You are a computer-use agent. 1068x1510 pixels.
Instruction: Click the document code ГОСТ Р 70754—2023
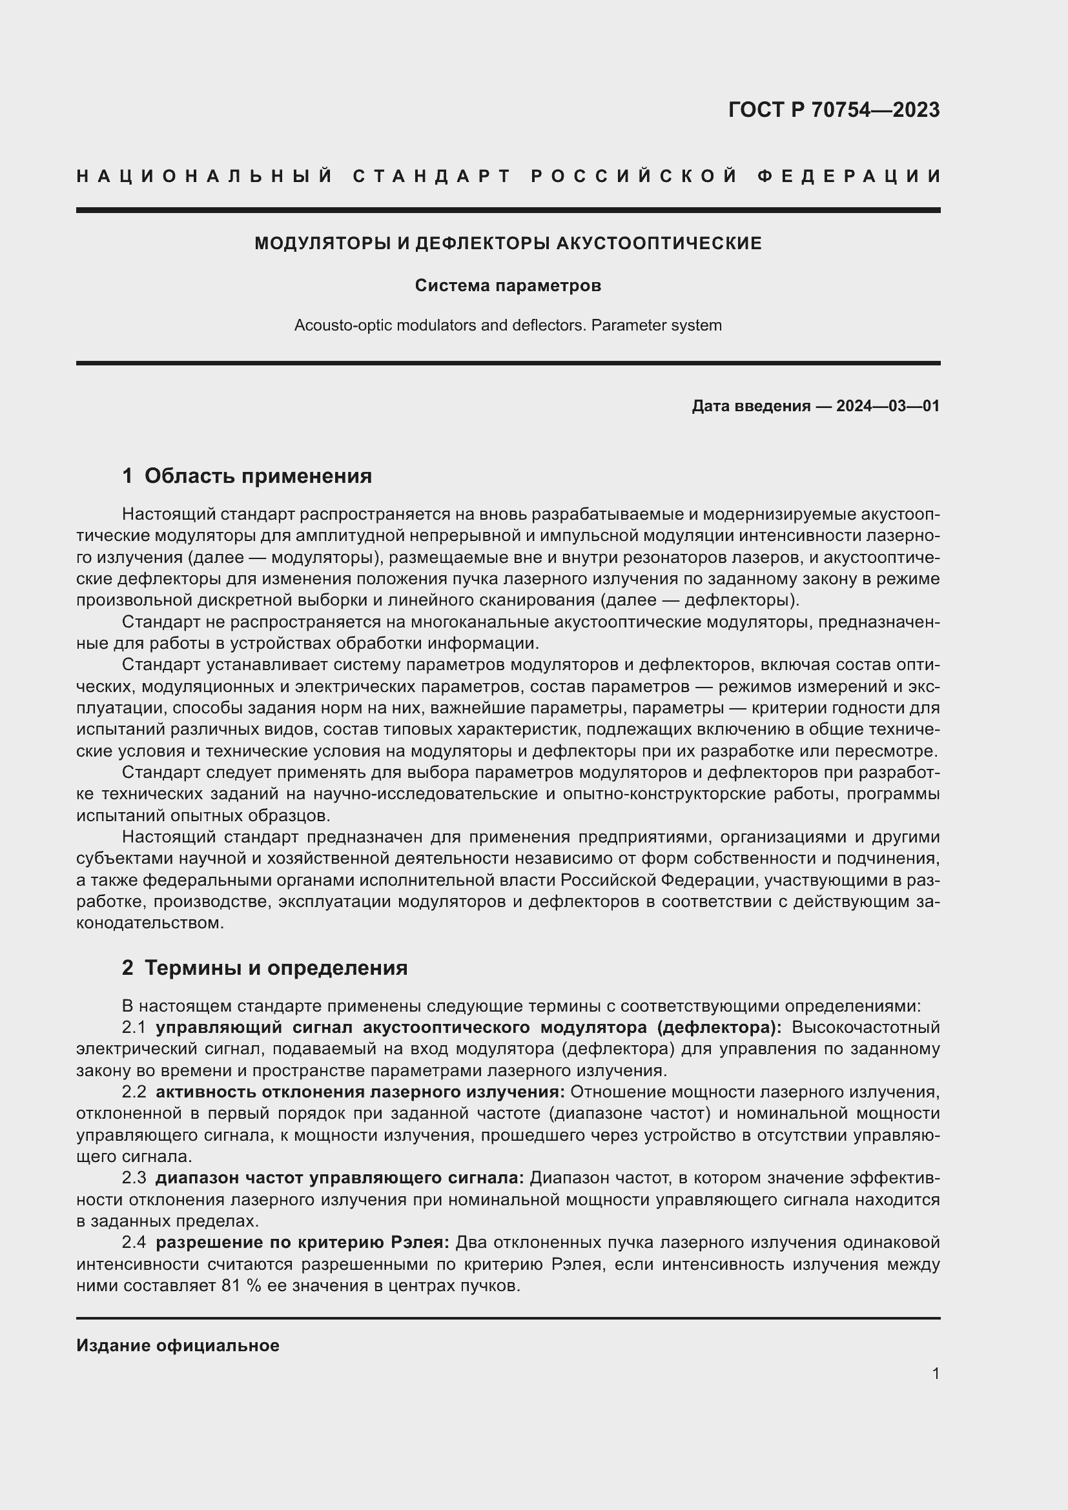click(x=834, y=110)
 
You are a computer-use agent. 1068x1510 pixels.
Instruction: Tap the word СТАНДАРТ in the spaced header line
click(x=431, y=176)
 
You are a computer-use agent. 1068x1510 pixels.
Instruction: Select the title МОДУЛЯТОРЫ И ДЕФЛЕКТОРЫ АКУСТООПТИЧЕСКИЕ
click(x=508, y=243)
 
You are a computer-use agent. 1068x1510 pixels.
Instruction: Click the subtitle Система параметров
click(x=508, y=286)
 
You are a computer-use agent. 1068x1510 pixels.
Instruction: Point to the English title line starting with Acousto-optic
click(x=508, y=325)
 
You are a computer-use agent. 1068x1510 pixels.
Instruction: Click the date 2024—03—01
click(x=888, y=406)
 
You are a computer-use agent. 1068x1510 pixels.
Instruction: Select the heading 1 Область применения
click(x=247, y=476)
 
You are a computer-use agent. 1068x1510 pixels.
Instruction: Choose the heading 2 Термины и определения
click(x=264, y=968)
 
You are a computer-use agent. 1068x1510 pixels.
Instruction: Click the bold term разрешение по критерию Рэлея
click(x=302, y=1241)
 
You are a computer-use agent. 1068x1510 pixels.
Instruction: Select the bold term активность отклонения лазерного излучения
click(x=360, y=1092)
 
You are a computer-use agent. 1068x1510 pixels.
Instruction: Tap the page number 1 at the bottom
click(x=936, y=1373)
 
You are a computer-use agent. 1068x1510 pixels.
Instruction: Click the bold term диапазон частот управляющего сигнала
click(x=340, y=1178)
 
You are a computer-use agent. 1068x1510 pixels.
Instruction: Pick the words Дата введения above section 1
click(x=750, y=406)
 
